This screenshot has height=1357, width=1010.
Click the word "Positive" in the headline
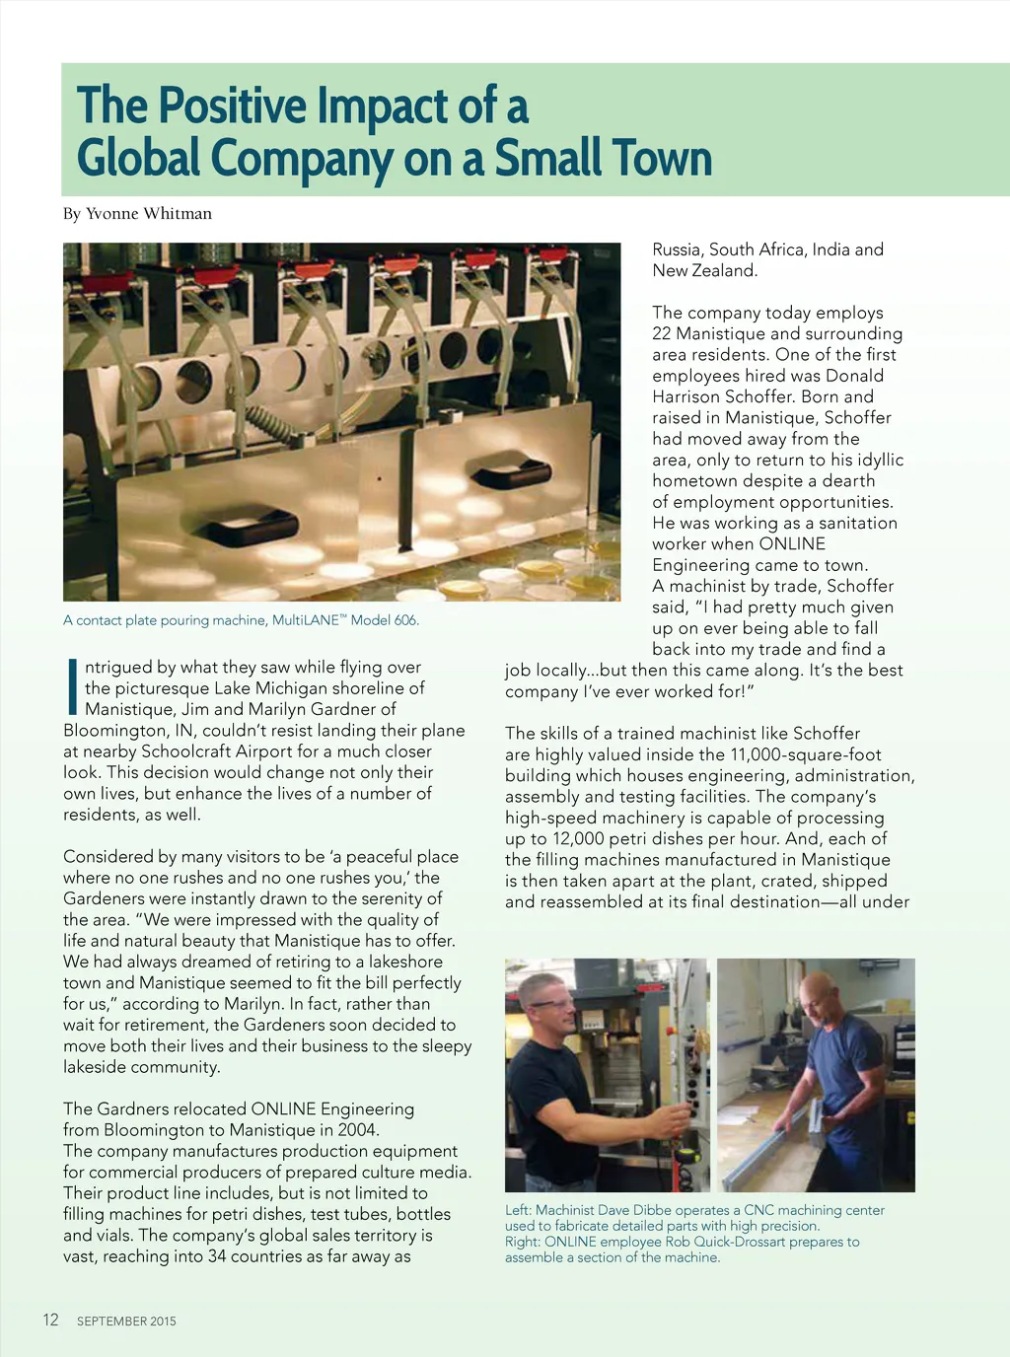tap(233, 106)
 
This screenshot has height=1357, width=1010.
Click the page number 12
tap(50, 1320)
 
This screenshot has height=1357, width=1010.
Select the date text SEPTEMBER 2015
tap(126, 1321)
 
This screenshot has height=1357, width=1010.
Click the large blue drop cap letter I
tap(72, 687)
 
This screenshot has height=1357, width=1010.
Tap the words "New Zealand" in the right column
tap(704, 271)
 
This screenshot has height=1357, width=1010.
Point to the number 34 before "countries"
tap(218, 1256)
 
